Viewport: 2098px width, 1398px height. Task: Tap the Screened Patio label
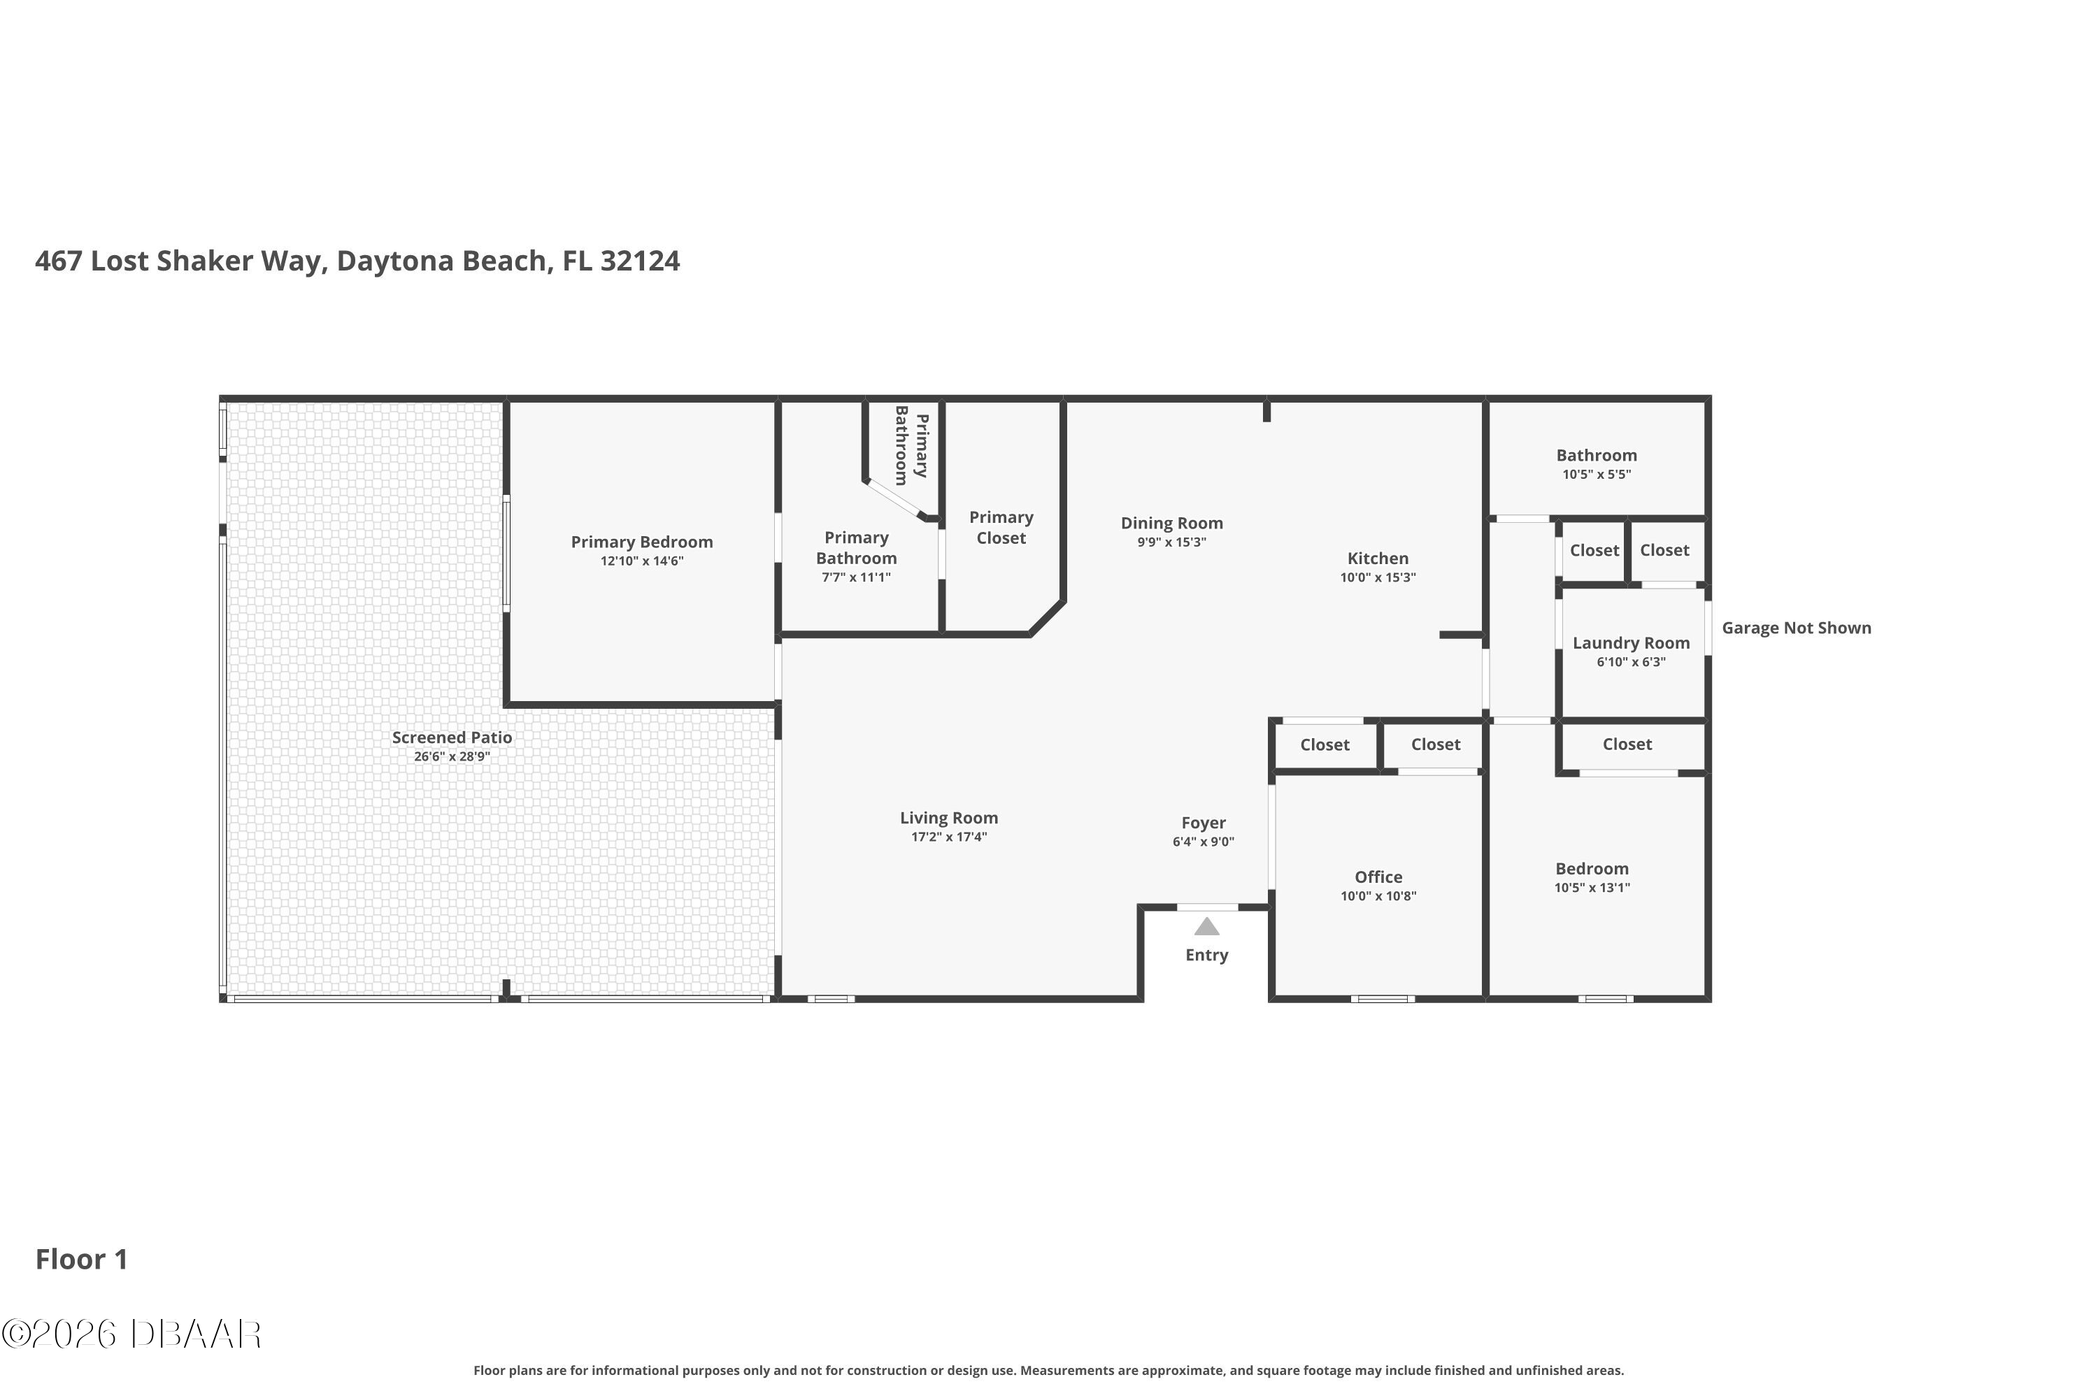[x=452, y=737]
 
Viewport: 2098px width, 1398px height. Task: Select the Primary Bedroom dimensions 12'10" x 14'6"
[x=642, y=561]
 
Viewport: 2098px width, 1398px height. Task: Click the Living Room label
[x=949, y=818]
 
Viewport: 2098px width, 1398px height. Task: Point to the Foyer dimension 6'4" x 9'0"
[x=1204, y=842]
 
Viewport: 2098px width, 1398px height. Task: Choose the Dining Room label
[x=1172, y=524]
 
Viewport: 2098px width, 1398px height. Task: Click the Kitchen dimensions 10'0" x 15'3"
[x=1378, y=578]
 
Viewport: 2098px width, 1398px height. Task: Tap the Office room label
[x=1378, y=877]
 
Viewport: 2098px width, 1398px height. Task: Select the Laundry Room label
[x=1632, y=643]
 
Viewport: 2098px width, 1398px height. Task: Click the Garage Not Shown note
[x=1797, y=628]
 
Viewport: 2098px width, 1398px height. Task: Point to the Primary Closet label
[x=1001, y=528]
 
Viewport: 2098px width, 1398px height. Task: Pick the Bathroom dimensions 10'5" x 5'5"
[x=1597, y=475]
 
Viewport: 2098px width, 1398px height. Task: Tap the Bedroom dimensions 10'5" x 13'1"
[x=1592, y=888]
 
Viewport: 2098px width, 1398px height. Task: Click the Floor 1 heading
[x=82, y=1259]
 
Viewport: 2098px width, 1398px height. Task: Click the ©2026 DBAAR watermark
[x=131, y=1334]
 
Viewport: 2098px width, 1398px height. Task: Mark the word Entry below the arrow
[x=1207, y=955]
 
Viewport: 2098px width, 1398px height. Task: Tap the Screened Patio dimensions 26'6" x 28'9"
[x=452, y=757]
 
